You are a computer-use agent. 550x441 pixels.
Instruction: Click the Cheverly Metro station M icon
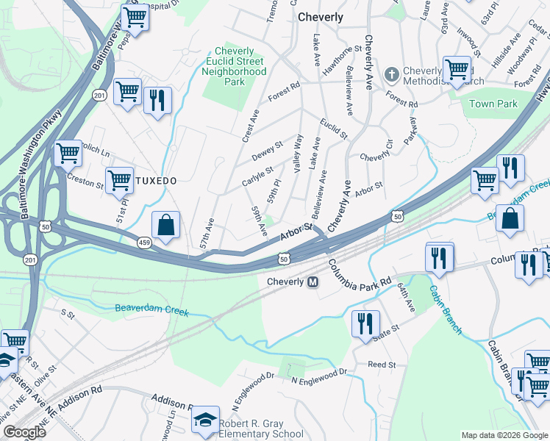(x=312, y=282)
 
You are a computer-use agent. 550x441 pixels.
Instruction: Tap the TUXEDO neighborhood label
(x=156, y=180)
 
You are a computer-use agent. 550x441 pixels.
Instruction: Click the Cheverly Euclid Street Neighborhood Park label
(x=234, y=67)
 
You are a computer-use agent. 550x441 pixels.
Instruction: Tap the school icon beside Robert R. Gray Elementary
(x=205, y=420)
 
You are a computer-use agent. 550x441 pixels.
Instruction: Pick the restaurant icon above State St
(x=365, y=323)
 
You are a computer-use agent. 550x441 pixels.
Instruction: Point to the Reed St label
(x=382, y=365)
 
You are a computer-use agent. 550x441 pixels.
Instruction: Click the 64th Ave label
(x=406, y=297)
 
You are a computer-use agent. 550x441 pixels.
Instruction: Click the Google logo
(x=24, y=432)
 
